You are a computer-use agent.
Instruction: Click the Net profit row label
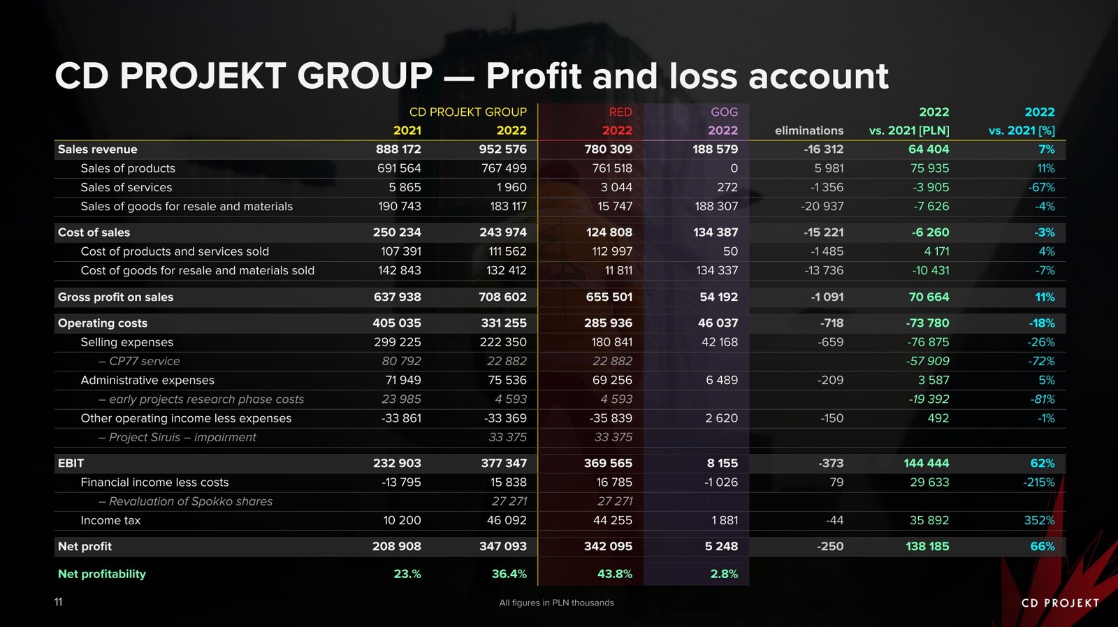(85, 546)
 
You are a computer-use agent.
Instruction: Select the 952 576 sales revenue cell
(502, 149)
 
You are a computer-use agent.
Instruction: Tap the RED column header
(620, 112)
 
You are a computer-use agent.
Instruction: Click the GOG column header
(724, 112)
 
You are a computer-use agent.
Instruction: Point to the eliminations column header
(808, 131)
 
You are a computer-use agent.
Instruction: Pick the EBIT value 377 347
(502, 463)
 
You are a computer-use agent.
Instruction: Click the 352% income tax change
(1039, 520)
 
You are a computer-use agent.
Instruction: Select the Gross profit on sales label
(115, 297)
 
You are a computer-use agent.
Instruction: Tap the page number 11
(59, 602)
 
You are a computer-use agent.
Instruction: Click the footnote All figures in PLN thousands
(556, 603)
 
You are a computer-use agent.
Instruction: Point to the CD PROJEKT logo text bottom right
(1060, 603)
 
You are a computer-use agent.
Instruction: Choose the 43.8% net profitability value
(614, 574)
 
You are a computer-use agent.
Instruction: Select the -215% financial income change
(1039, 482)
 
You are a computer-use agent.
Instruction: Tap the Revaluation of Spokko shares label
(190, 501)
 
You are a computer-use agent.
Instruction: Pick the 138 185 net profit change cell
(927, 546)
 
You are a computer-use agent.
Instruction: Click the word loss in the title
(703, 76)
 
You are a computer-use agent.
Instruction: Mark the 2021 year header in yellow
(407, 131)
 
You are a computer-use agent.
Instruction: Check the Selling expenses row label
(126, 342)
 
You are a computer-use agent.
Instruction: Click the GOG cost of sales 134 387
(715, 232)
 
